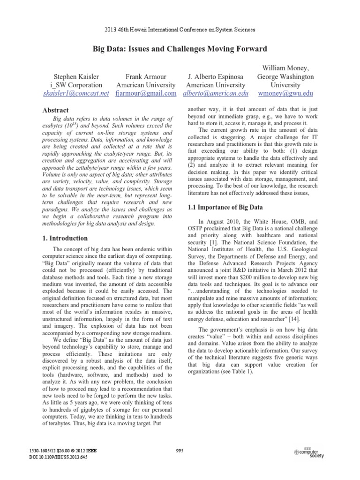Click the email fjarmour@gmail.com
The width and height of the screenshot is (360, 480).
(x=145, y=94)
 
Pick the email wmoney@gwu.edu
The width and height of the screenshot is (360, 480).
(x=285, y=94)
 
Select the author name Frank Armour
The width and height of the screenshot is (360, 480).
(x=145, y=76)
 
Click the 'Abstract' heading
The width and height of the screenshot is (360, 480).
(x=56, y=111)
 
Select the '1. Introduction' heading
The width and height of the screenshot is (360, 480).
(x=65, y=238)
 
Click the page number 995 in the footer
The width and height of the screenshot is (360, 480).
(x=180, y=450)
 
